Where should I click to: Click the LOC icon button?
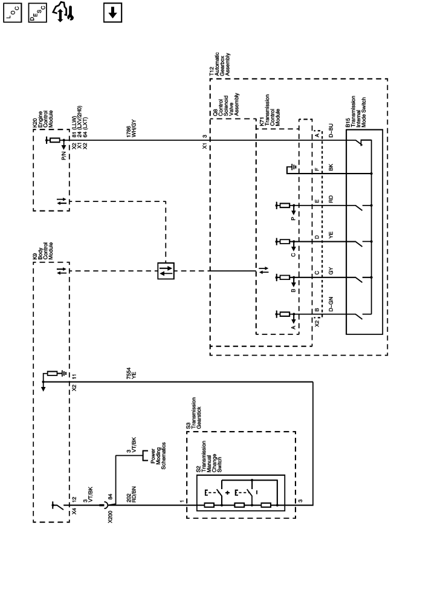point(13,12)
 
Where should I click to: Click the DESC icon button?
point(34,12)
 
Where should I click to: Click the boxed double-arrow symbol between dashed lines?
point(165,271)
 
